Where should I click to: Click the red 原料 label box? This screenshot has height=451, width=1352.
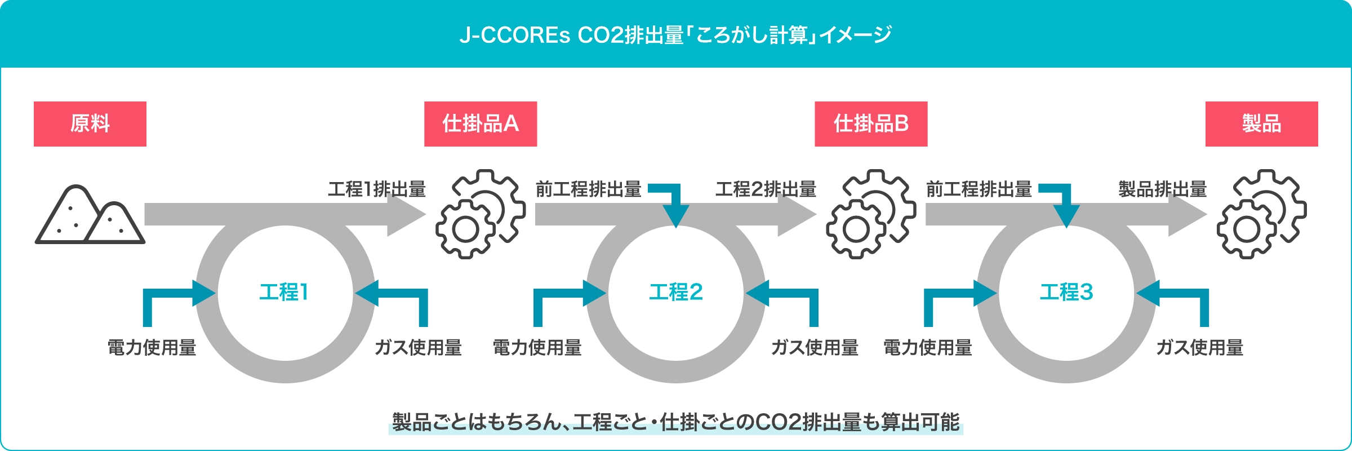click(90, 124)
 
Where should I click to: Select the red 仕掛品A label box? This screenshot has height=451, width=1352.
click(481, 124)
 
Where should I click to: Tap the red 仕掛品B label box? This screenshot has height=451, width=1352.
click(871, 124)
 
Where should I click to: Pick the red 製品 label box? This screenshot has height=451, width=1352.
click(1261, 124)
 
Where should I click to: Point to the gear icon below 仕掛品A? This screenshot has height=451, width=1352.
click(481, 214)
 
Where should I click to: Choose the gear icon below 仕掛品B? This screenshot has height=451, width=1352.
click(871, 214)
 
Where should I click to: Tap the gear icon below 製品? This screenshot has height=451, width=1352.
click(1261, 214)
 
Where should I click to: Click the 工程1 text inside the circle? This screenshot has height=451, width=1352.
click(284, 292)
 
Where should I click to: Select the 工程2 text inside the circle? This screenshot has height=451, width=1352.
click(676, 292)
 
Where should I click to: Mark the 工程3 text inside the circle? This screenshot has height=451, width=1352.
click(1066, 292)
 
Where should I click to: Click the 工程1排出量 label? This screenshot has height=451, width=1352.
click(377, 189)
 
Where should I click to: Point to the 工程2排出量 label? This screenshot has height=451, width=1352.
click(766, 189)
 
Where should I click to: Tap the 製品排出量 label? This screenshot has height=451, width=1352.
click(1162, 189)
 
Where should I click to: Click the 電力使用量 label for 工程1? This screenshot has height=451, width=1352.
click(152, 347)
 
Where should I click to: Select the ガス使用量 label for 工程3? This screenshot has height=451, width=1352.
click(1199, 347)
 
